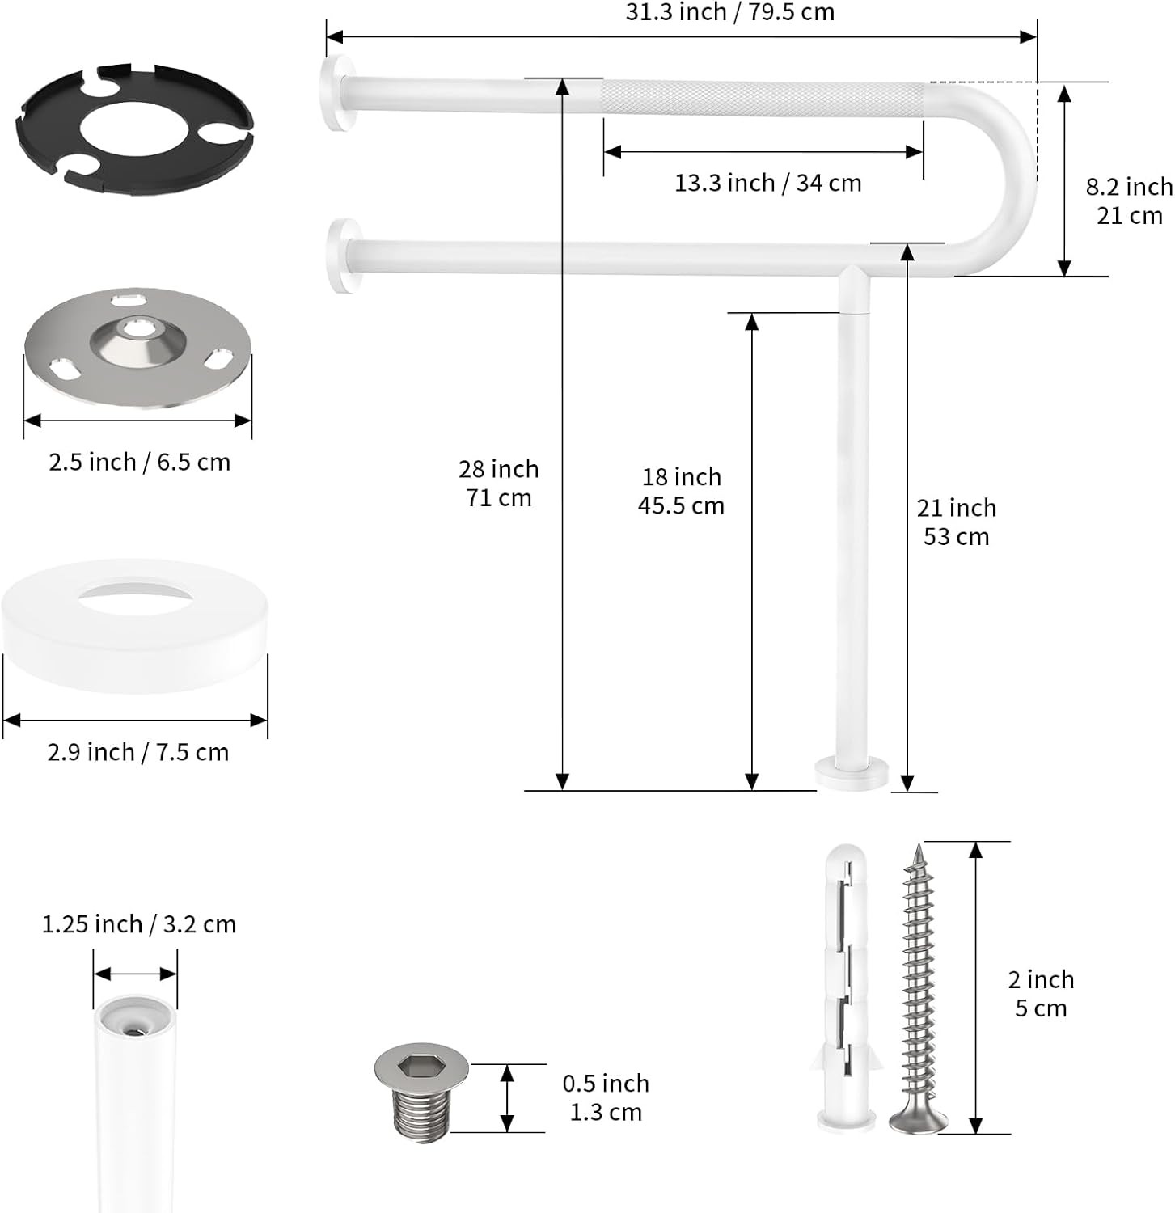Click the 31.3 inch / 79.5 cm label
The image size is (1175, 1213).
point(729,12)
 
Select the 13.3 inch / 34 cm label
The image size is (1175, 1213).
point(767,183)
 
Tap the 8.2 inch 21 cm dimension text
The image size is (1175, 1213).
point(1129,201)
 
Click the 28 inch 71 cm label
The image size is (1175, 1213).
point(498,483)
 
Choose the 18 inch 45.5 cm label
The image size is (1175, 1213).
point(681,491)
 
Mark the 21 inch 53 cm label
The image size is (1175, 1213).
point(956,522)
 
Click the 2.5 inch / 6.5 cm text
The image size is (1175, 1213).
point(139,462)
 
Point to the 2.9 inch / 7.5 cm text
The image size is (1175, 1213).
point(137,752)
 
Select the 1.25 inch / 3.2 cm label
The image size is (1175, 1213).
point(139,923)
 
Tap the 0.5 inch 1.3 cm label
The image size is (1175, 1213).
point(606,1097)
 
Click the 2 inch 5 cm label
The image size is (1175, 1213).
point(1041,994)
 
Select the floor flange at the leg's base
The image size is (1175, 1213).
point(851,772)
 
